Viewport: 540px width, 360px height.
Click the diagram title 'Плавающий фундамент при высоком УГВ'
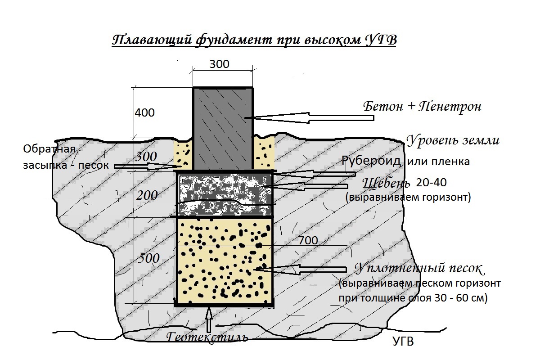254,40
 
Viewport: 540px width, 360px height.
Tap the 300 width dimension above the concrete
219,64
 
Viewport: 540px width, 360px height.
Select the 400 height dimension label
144,112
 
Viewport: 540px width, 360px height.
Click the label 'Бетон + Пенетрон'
423,106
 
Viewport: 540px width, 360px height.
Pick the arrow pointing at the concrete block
309,117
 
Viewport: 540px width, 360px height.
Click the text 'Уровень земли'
453,140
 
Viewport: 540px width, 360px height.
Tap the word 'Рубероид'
371,161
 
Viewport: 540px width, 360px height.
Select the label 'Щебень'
386,183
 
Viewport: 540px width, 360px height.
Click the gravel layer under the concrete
225,194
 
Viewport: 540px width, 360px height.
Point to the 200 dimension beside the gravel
147,195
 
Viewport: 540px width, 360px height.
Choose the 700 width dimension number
308,240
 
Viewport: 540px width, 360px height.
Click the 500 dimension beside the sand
148,258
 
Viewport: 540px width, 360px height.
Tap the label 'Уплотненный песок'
420,269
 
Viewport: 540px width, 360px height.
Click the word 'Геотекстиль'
207,337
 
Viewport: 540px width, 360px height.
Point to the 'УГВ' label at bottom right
403,341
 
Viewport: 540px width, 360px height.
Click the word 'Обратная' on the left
49,149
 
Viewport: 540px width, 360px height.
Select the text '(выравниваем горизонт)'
408,197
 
